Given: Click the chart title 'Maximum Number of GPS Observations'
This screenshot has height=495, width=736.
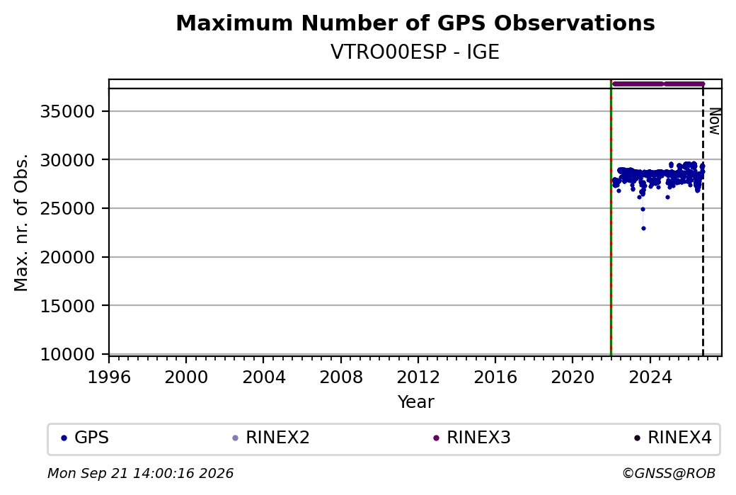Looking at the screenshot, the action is point(415,23).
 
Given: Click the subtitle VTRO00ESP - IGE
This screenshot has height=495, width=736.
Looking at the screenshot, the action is point(415,52).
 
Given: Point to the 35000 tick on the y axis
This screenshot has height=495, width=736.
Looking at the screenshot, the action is point(68,112).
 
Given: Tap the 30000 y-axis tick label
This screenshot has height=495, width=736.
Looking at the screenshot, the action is point(68,160).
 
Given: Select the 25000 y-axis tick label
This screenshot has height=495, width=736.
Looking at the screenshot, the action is point(68,208).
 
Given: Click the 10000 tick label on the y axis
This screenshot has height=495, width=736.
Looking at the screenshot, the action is point(68,355).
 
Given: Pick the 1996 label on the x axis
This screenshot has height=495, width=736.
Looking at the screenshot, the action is point(109,377).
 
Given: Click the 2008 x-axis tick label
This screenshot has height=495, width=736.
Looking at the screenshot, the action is point(341,377).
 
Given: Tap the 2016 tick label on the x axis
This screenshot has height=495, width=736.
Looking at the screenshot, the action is point(495,377).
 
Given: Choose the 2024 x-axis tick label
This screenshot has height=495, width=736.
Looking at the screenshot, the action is point(650,377).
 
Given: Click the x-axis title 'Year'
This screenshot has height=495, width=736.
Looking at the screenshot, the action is point(416,402).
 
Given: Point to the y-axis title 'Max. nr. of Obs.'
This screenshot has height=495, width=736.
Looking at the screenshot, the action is point(21,222).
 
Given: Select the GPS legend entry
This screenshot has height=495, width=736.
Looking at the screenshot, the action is point(85,438).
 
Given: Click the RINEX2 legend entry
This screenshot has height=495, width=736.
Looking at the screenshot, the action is point(271,438).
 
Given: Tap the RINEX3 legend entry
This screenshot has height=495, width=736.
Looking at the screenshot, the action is point(472,438).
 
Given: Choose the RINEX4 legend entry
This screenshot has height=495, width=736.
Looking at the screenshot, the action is point(672,438).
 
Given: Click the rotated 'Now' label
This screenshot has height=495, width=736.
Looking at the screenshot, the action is point(714,121).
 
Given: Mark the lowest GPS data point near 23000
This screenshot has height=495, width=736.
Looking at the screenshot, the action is point(643,228).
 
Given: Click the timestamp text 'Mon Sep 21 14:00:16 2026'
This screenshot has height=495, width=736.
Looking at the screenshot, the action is point(140,473).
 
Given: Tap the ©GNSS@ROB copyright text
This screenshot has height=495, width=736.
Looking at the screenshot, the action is point(669,473).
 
